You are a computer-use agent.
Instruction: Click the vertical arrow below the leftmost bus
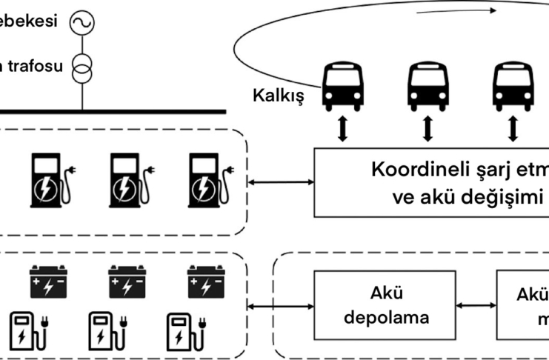click(342, 128)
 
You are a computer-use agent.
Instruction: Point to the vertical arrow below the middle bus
click(427, 128)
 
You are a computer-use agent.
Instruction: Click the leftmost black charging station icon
click(47, 180)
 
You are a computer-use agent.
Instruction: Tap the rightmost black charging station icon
click(205, 180)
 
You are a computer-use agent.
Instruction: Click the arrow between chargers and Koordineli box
click(282, 182)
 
